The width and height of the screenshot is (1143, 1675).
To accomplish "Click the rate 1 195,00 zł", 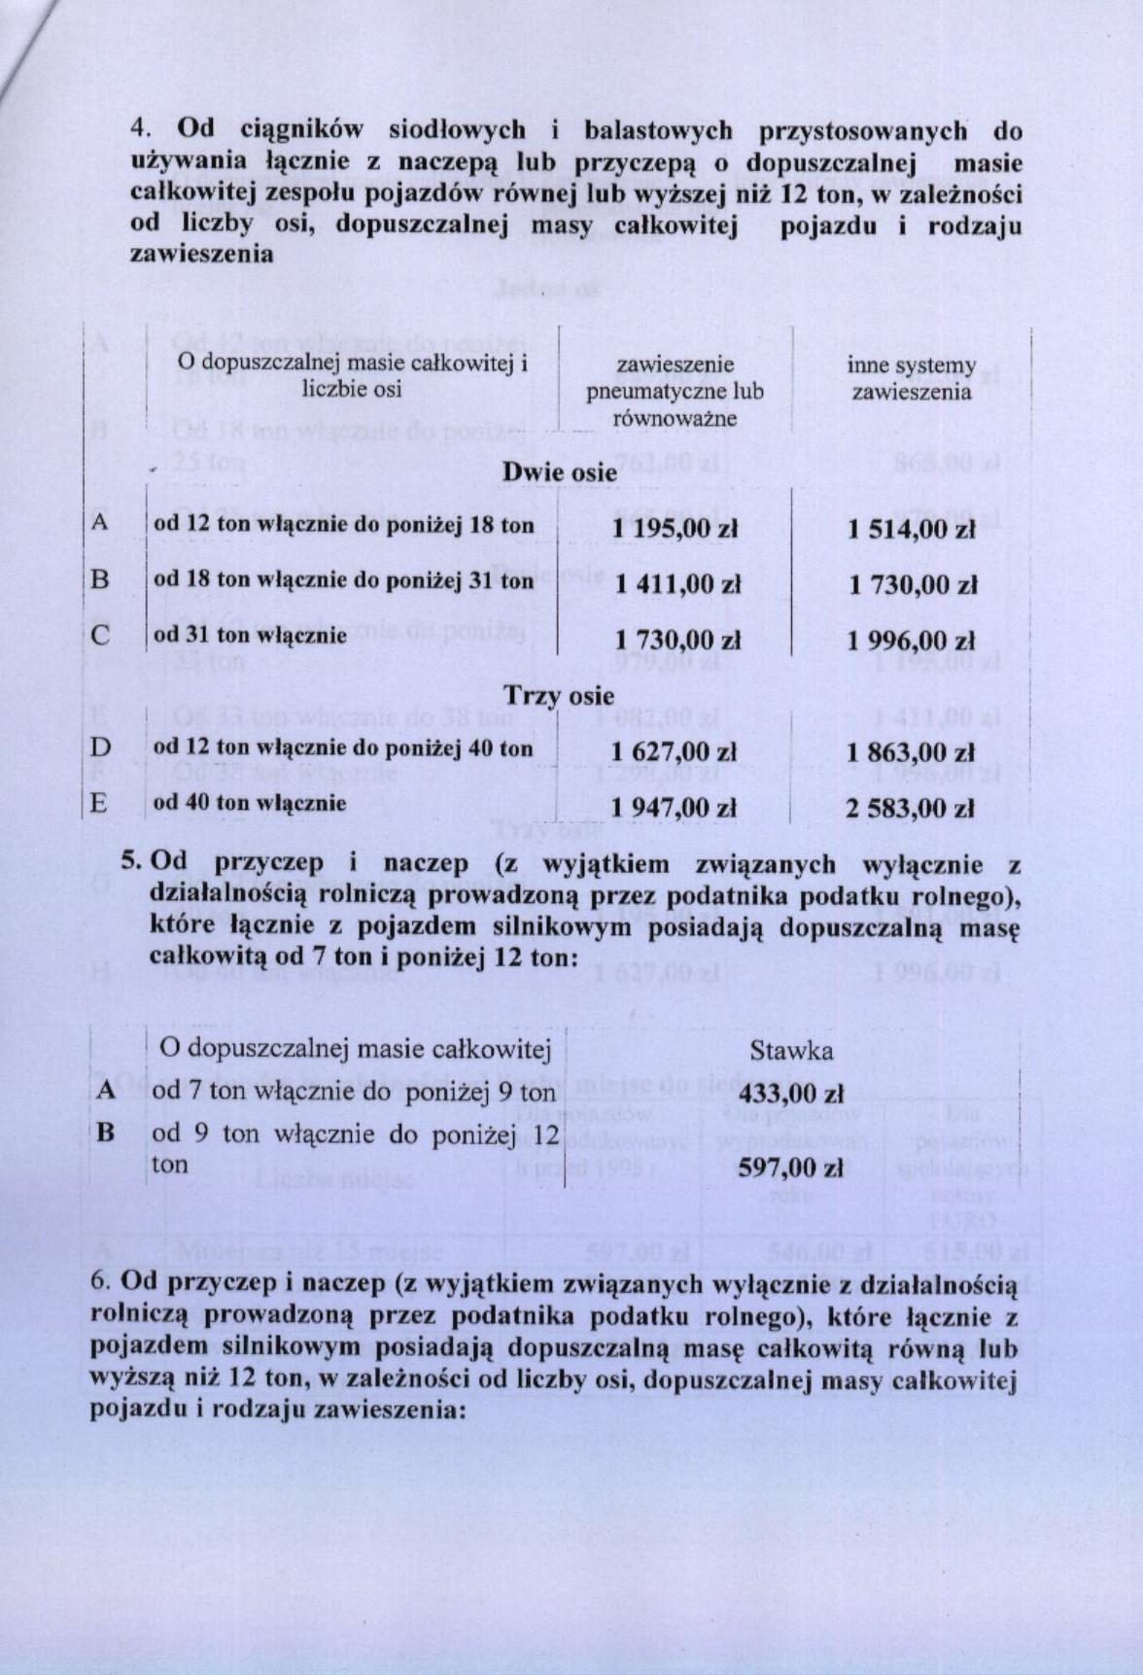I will click(675, 529).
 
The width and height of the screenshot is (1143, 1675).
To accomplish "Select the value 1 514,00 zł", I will click(911, 529).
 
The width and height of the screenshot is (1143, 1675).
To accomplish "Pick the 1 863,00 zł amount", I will click(911, 752).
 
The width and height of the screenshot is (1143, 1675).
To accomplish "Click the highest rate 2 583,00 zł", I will click(911, 808).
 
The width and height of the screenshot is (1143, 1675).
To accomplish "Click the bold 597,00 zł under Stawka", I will click(790, 1168).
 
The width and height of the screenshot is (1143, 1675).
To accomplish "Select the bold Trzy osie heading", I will click(559, 696).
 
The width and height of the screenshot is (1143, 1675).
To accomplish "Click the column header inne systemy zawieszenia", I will click(911, 378).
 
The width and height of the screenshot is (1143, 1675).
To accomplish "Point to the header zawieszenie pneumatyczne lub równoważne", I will click(675, 392).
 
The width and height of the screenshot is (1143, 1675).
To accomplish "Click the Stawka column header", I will click(790, 1051).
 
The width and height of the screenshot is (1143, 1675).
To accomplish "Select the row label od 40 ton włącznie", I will click(250, 803).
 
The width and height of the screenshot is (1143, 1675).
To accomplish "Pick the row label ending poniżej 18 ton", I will click(344, 526).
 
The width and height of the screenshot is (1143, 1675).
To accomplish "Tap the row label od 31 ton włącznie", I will click(250, 636).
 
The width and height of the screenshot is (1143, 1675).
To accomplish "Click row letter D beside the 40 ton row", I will click(99, 748).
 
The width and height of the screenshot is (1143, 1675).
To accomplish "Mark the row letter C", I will click(99, 636).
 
